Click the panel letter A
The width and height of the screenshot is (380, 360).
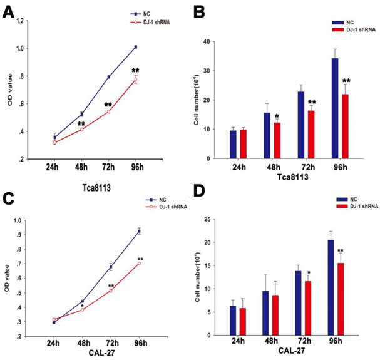tap(10, 12)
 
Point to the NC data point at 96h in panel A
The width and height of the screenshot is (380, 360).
tap(135, 47)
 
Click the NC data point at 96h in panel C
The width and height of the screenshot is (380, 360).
tap(139, 231)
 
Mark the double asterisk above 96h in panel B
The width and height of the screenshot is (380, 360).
tap(346, 81)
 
